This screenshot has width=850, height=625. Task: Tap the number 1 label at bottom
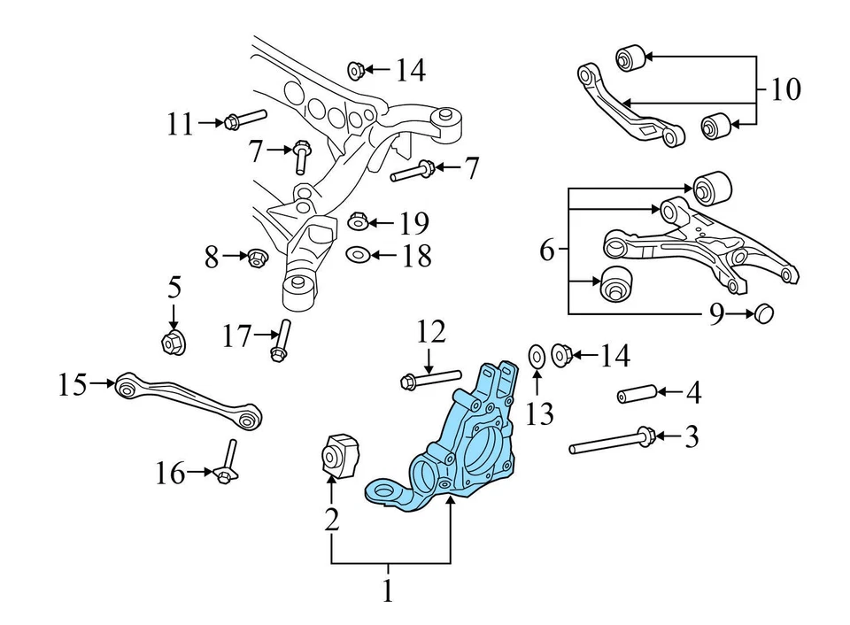[x=387, y=590]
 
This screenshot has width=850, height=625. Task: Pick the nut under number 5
[x=173, y=342]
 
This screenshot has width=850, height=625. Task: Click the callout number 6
[x=546, y=251]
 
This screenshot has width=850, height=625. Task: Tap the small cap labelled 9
[x=763, y=312]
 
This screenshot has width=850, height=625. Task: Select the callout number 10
[x=785, y=89]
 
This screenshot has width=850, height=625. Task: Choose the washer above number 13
[x=537, y=356]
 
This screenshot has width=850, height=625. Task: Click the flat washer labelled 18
[x=359, y=255]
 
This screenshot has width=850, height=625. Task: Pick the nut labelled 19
[x=359, y=220]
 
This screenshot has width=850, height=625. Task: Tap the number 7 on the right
[x=471, y=166]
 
